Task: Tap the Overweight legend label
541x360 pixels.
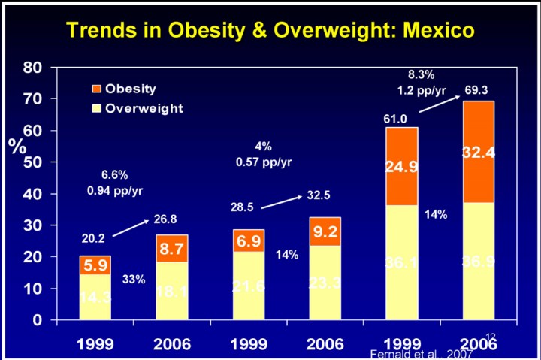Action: (x=144, y=108)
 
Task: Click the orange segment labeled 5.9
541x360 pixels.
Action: (x=95, y=265)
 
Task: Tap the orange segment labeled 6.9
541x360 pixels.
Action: (x=249, y=242)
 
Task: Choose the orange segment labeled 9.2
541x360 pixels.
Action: (x=325, y=231)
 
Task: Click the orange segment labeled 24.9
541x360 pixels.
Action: (x=402, y=167)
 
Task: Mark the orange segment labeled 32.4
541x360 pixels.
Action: (x=478, y=153)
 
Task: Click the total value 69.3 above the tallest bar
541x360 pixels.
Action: (x=476, y=91)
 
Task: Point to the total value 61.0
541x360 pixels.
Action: (x=395, y=119)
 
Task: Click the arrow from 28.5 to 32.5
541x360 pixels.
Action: (x=283, y=201)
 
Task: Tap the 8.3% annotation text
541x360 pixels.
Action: (x=421, y=74)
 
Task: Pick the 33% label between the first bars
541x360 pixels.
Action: (x=134, y=280)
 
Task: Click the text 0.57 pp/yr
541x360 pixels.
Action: (x=263, y=162)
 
